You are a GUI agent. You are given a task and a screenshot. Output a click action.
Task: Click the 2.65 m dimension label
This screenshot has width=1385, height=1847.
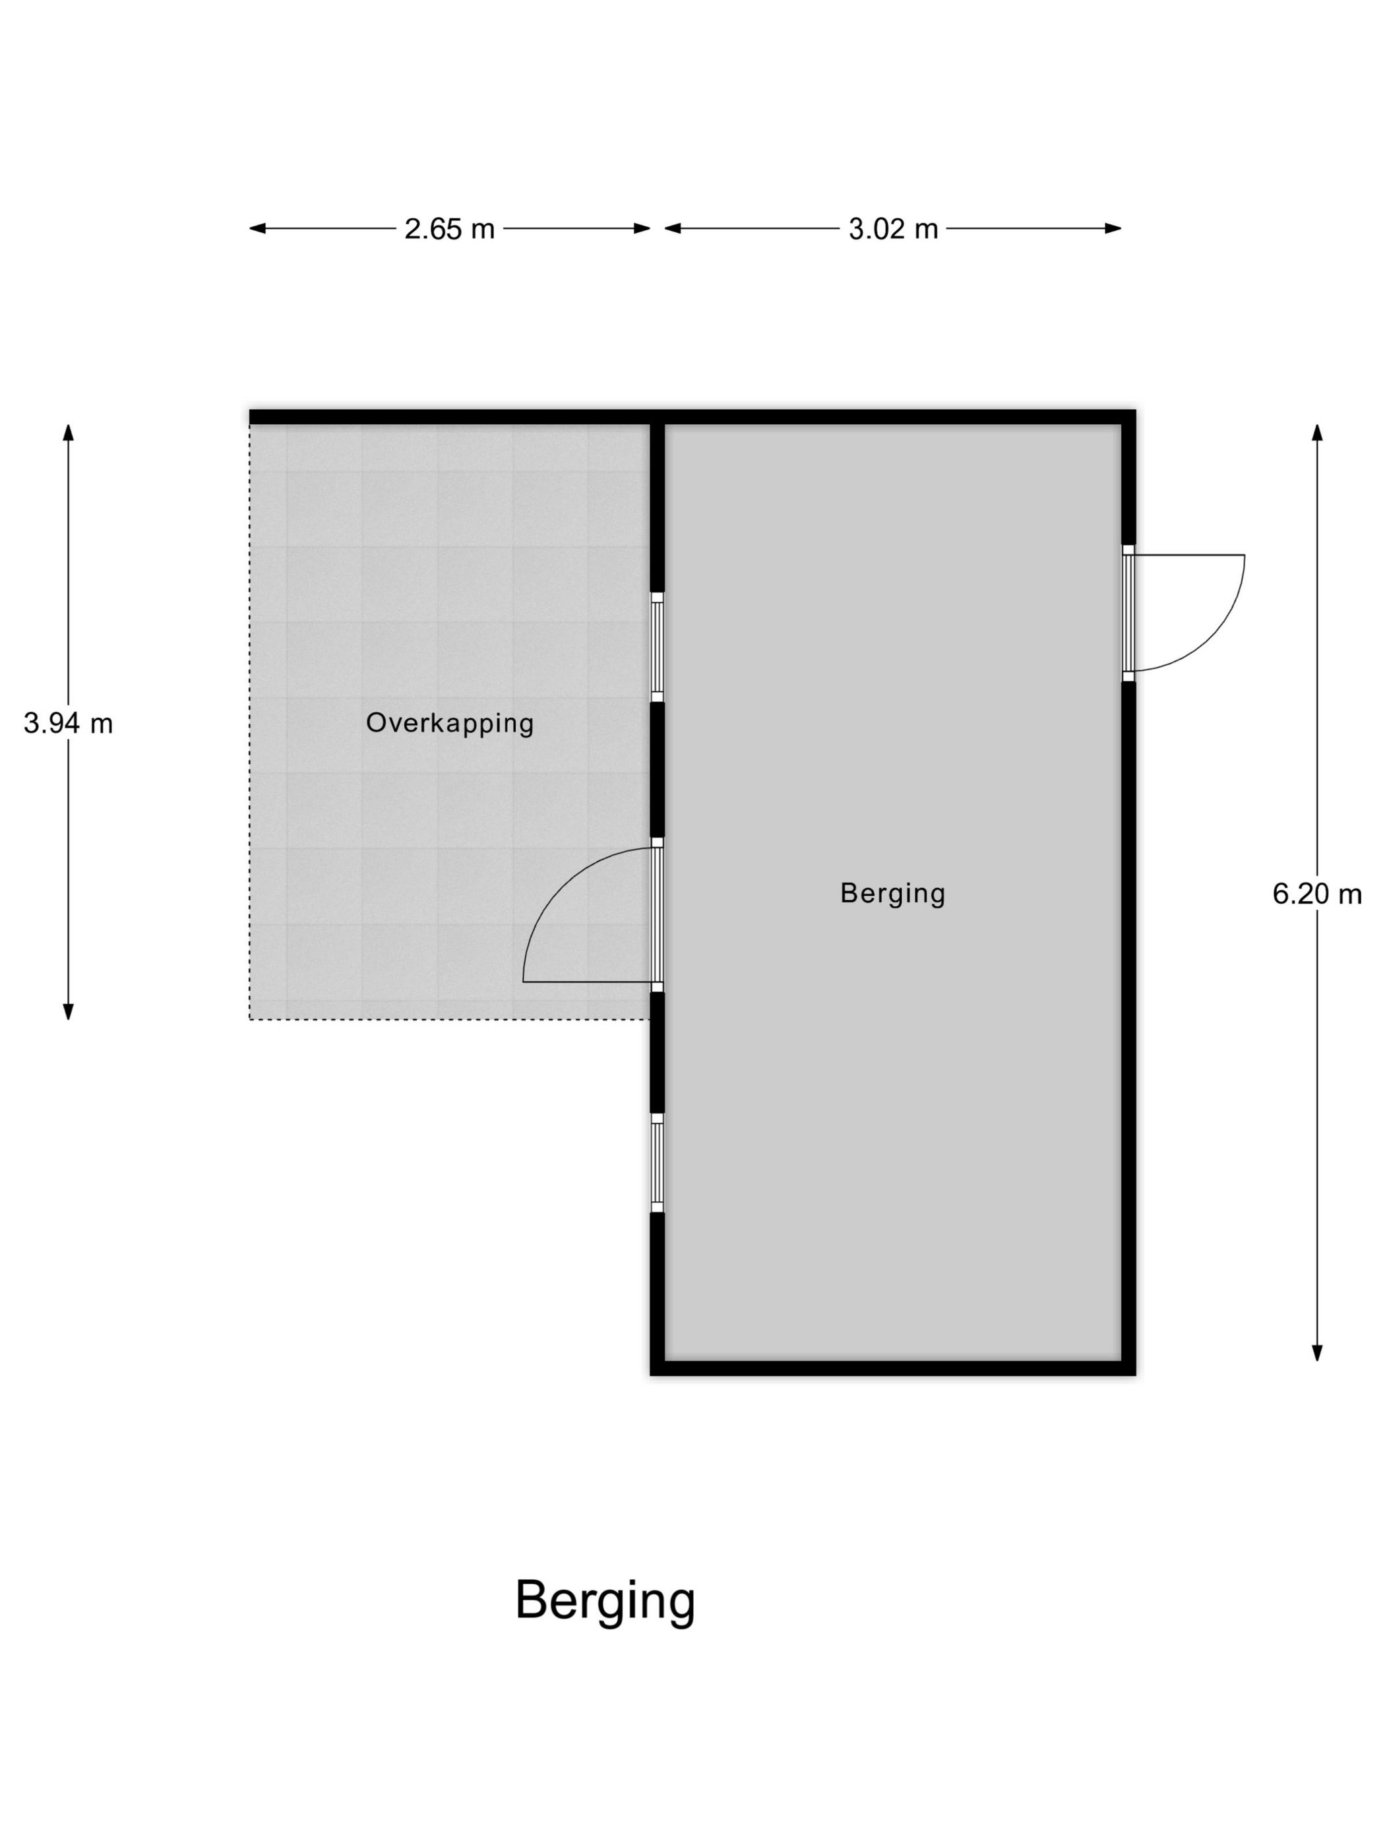449,228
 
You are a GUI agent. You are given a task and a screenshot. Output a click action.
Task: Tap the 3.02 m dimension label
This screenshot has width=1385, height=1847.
892,228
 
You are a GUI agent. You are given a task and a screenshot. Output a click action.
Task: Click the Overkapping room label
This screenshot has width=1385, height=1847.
449,722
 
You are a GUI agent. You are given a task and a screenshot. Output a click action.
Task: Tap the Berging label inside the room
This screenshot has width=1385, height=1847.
892,892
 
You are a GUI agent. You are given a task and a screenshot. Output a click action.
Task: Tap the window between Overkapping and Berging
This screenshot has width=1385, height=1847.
657,647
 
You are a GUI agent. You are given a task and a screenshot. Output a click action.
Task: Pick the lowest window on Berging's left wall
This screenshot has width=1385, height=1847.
657,1162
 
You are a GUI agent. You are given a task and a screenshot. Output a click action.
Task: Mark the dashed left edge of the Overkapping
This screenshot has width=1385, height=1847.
249,722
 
